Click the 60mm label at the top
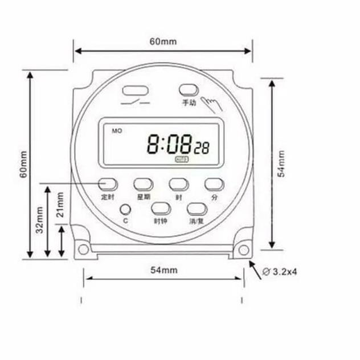[x=163, y=42]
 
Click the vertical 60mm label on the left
[x=23, y=165]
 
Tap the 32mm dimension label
[x=39, y=219]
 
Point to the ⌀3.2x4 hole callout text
[x=280, y=272]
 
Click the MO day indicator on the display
[x=117, y=131]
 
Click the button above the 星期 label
[x=143, y=184]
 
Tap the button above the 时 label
[x=178, y=184]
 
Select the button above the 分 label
[x=214, y=184]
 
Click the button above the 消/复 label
[x=196, y=209]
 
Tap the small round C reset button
[x=125, y=210]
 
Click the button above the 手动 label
[x=189, y=91]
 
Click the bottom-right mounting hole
[x=244, y=249]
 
